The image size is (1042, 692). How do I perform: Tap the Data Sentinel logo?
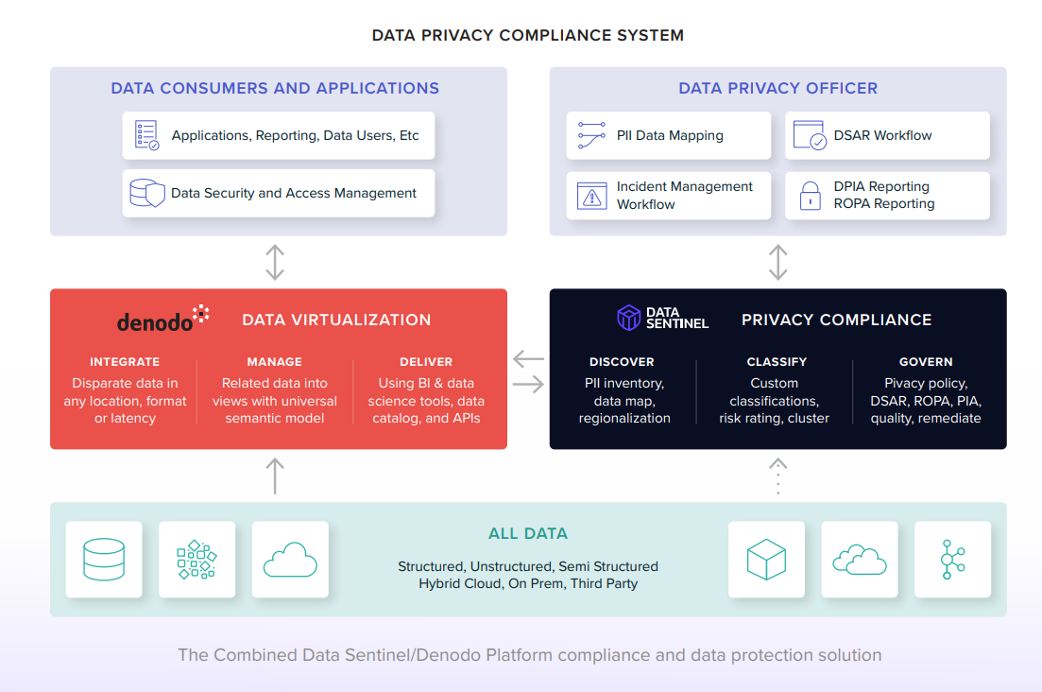click(x=662, y=319)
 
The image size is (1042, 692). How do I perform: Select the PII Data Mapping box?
click(x=668, y=135)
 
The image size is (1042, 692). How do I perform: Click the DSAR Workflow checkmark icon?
click(x=810, y=135)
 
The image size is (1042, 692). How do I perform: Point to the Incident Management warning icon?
click(x=591, y=196)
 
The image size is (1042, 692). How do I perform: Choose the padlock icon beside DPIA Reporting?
click(x=810, y=196)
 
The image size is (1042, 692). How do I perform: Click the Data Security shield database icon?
click(x=146, y=193)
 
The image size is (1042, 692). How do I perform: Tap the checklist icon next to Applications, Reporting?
click(x=146, y=135)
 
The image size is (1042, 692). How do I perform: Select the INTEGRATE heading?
click(x=125, y=362)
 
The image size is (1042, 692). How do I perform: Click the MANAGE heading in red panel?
click(x=274, y=362)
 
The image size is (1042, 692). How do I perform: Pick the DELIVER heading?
click(x=426, y=362)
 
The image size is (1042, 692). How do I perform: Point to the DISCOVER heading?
click(x=622, y=362)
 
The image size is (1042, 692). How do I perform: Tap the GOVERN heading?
click(x=926, y=362)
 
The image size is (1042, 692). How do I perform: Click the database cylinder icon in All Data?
click(x=104, y=560)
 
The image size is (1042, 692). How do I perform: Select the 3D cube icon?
click(x=766, y=560)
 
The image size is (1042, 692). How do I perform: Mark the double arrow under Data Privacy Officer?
click(x=777, y=262)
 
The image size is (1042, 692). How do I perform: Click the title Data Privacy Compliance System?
click(x=527, y=36)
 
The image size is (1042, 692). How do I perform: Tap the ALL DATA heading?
click(x=527, y=533)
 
